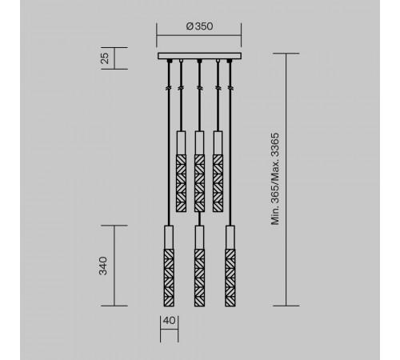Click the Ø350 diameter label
[198, 26]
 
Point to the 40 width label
[169, 321]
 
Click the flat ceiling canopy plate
[199, 55]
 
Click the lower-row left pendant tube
[169, 265]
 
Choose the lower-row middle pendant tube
[199, 265]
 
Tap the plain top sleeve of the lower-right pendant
[230, 237]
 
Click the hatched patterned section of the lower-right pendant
[230, 277]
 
